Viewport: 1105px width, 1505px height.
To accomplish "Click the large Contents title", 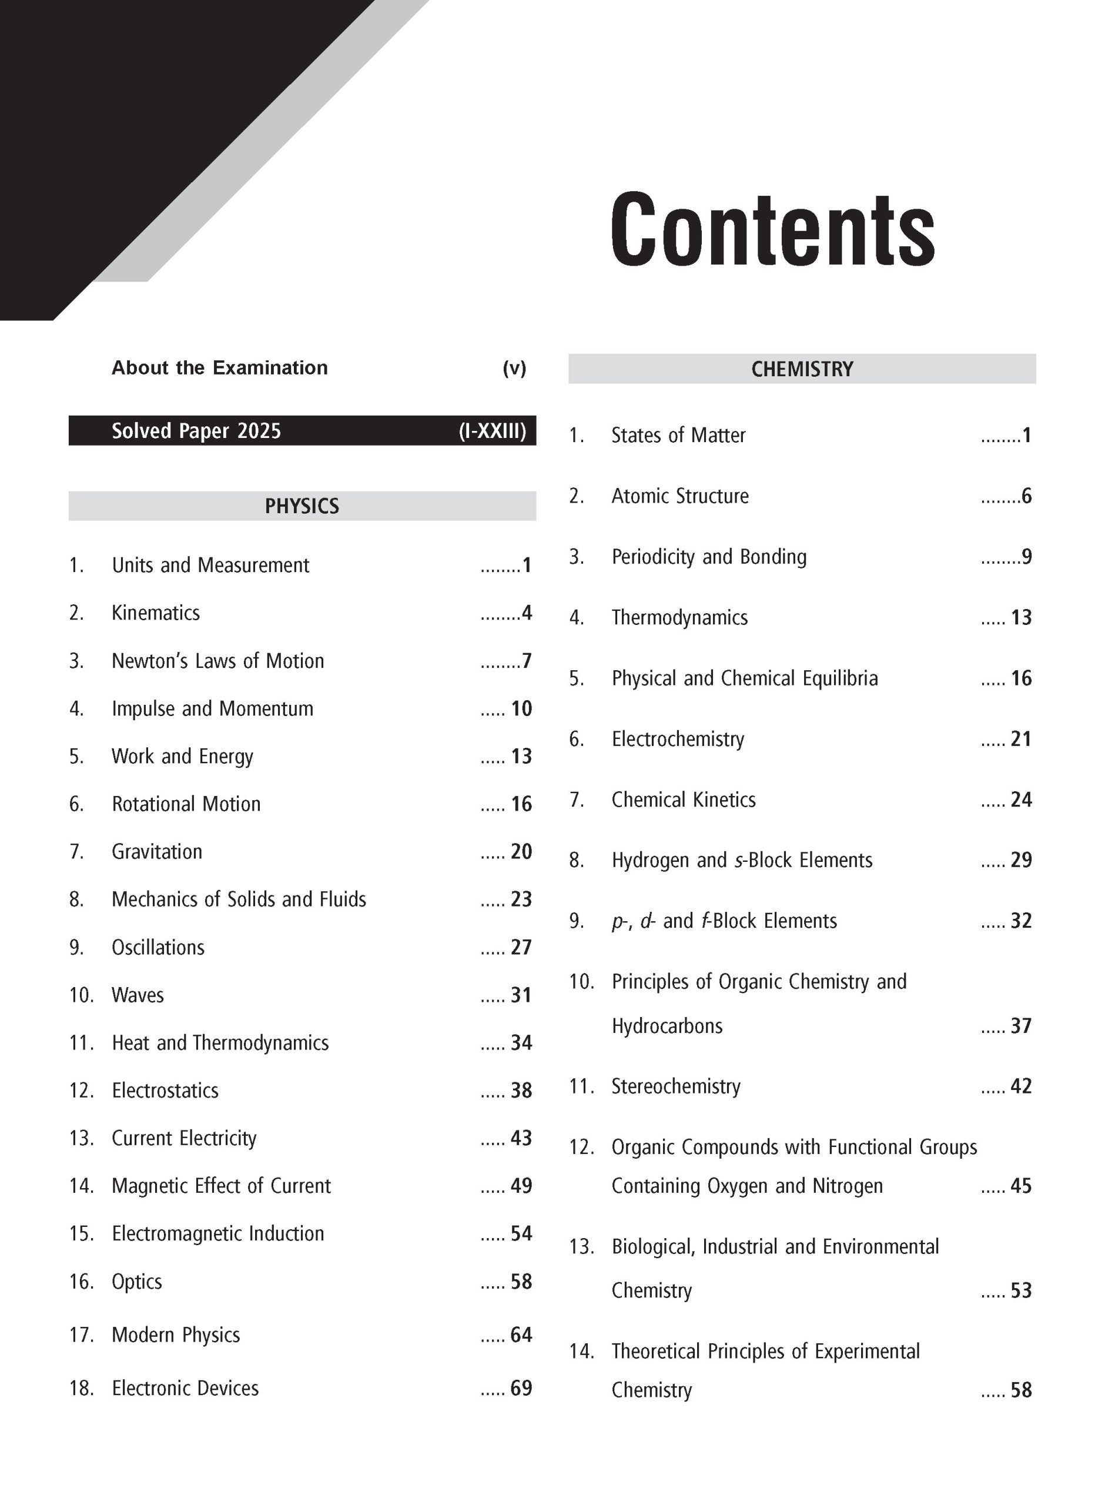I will (772, 229).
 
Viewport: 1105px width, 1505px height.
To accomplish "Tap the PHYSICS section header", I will (302, 506).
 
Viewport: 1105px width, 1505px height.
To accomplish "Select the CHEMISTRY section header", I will (801, 369).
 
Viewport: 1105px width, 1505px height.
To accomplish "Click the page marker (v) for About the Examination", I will (514, 368).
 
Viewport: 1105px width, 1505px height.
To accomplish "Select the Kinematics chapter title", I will (155, 613).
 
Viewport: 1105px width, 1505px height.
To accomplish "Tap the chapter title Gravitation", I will (156, 851).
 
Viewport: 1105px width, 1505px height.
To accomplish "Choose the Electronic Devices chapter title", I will (185, 1388).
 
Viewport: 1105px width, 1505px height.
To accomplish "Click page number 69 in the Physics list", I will (521, 1388).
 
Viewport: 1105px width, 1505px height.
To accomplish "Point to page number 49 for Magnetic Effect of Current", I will (521, 1186).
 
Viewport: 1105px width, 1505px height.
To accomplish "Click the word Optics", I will (136, 1282).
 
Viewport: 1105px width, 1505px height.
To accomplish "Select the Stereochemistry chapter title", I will (675, 1086).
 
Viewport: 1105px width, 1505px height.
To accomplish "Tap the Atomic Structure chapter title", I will (679, 496).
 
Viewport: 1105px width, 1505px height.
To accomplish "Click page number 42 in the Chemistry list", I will (1021, 1086).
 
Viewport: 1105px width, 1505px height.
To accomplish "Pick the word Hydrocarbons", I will (667, 1026).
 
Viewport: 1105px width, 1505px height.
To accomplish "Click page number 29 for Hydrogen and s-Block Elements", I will (1021, 860).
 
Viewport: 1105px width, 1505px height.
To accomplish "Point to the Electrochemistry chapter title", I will (678, 739).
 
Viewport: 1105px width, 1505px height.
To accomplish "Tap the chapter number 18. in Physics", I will (81, 1388).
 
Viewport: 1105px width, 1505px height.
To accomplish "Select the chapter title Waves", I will (137, 995).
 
